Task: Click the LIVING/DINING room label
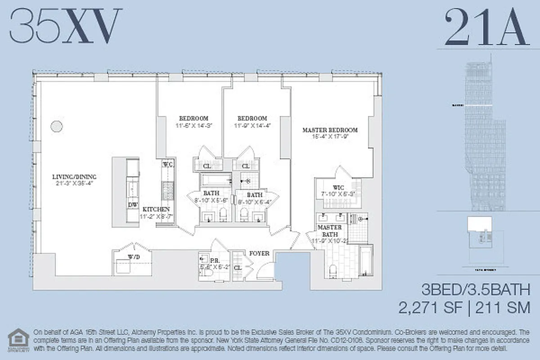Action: [74, 177]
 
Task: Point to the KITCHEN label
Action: [156, 210]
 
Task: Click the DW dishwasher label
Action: [133, 204]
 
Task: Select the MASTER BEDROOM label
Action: [330, 130]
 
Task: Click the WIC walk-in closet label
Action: [338, 187]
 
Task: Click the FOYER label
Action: [259, 253]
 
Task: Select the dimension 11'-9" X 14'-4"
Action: [252, 126]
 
